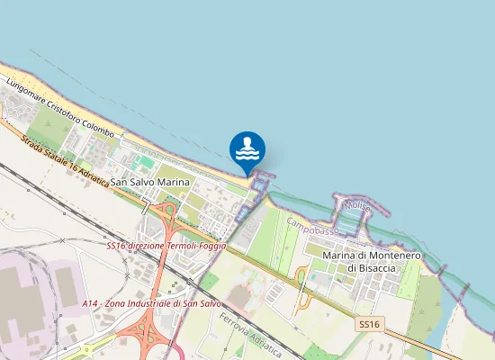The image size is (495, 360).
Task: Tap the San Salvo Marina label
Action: pyautogui.click(x=150, y=182)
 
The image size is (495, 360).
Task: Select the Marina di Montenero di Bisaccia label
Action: pyautogui.click(x=371, y=262)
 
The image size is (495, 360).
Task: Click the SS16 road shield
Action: pyautogui.click(x=369, y=324)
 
